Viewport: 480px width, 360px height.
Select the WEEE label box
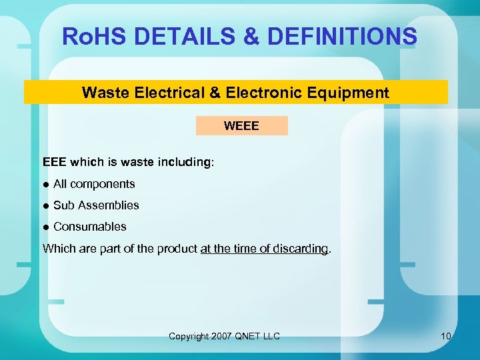click(241, 125)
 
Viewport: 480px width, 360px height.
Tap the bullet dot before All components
click(45, 184)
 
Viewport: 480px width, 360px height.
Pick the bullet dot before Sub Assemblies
click(45, 205)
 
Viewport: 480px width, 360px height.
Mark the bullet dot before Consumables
click(45, 227)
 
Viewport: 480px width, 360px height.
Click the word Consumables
click(89, 227)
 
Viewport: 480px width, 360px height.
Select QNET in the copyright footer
click(251, 336)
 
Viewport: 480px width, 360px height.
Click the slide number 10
click(445, 336)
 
